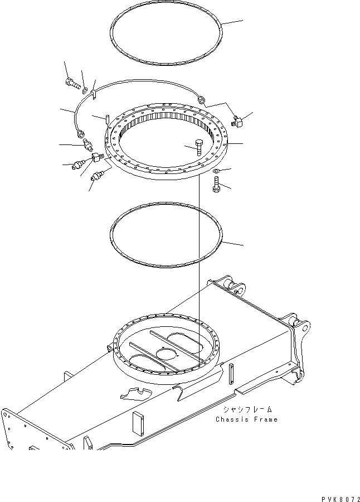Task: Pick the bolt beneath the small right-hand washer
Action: pos(216,184)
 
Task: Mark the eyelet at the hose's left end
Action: pos(82,133)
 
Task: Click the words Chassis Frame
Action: pos(246,419)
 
